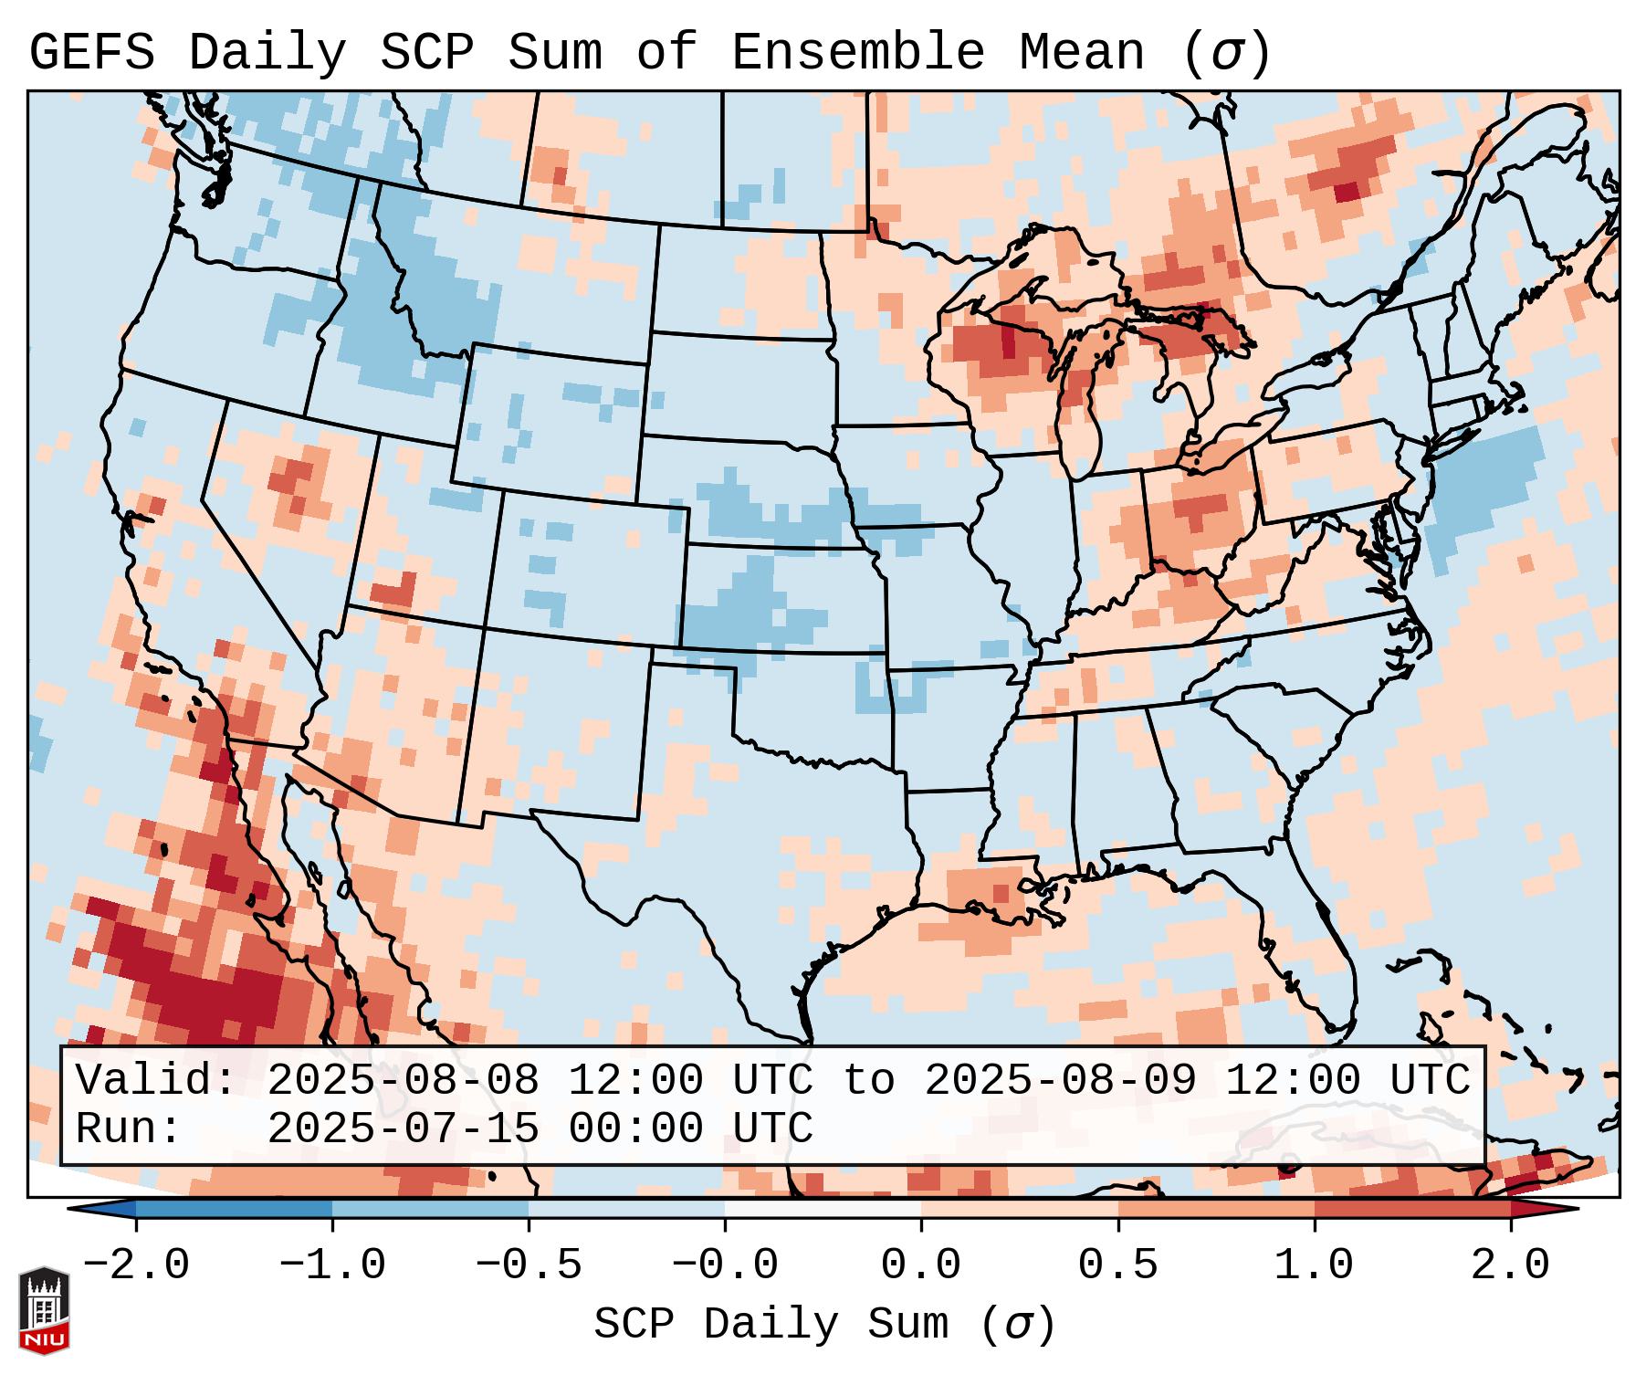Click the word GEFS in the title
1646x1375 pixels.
click(x=91, y=53)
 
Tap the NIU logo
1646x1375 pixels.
click(x=44, y=1310)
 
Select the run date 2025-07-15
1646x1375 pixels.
click(x=403, y=1128)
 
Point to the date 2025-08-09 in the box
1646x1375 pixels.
click(x=1060, y=1080)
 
